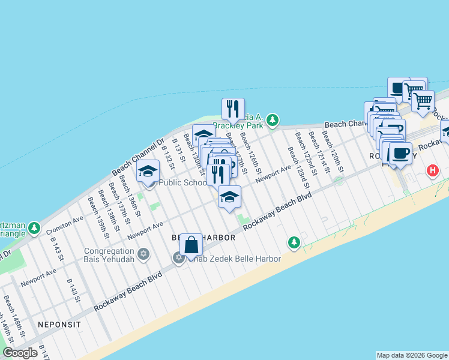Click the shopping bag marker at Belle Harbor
(x=191, y=245)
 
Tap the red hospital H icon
(x=432, y=171)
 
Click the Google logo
(x=20, y=353)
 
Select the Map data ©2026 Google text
(x=412, y=355)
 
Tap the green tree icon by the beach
(x=294, y=242)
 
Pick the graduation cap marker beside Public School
(x=148, y=172)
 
